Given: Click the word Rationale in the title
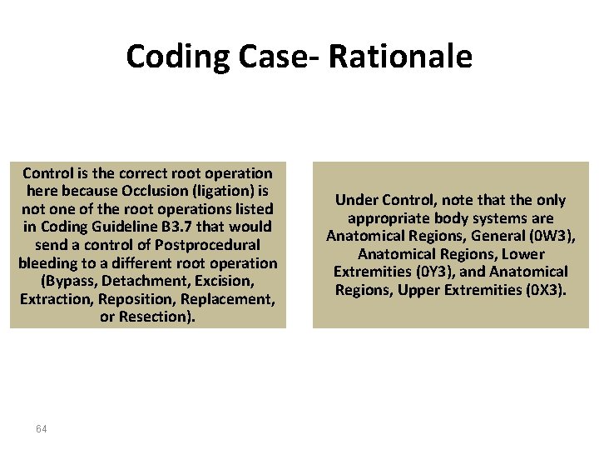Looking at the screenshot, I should point(400,57).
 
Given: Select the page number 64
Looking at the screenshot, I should point(42,428).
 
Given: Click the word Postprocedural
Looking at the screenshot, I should point(210,245).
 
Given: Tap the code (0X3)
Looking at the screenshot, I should point(543,289).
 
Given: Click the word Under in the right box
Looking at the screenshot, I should point(356,200).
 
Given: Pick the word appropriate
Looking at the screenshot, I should point(389,218).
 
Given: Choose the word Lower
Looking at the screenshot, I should point(523,254).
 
